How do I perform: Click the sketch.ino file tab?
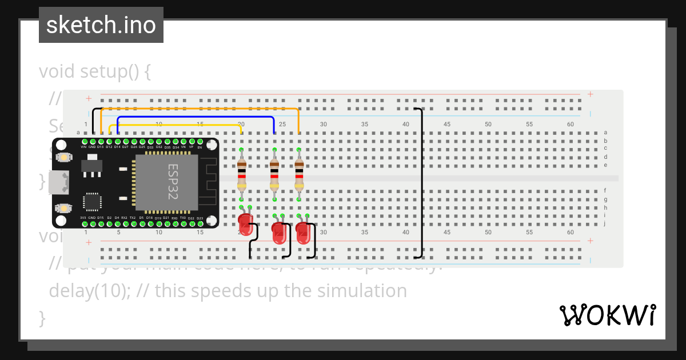(101, 25)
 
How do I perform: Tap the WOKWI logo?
(607, 315)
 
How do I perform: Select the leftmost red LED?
(245, 223)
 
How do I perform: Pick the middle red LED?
(278, 234)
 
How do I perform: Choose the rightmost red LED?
(303, 234)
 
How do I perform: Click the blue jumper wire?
(194, 117)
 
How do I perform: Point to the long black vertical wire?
(422, 183)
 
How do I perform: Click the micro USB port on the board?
(59, 182)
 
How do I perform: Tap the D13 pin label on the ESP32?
(100, 147)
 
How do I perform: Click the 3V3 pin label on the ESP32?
(83, 218)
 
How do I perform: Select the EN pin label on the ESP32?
(200, 147)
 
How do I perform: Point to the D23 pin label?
(200, 218)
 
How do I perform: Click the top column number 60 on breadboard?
(570, 124)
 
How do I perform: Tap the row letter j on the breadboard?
(605, 223)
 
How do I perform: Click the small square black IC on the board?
(91, 202)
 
